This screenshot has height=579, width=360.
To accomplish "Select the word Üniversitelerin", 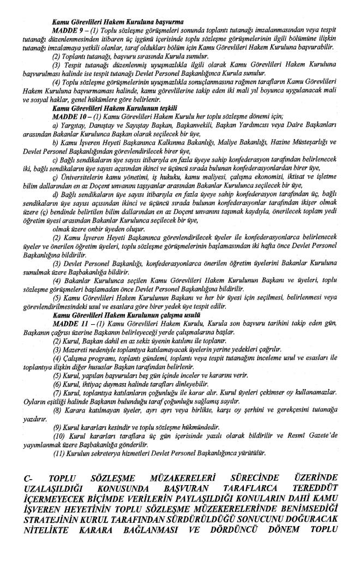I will tap(81, 177).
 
